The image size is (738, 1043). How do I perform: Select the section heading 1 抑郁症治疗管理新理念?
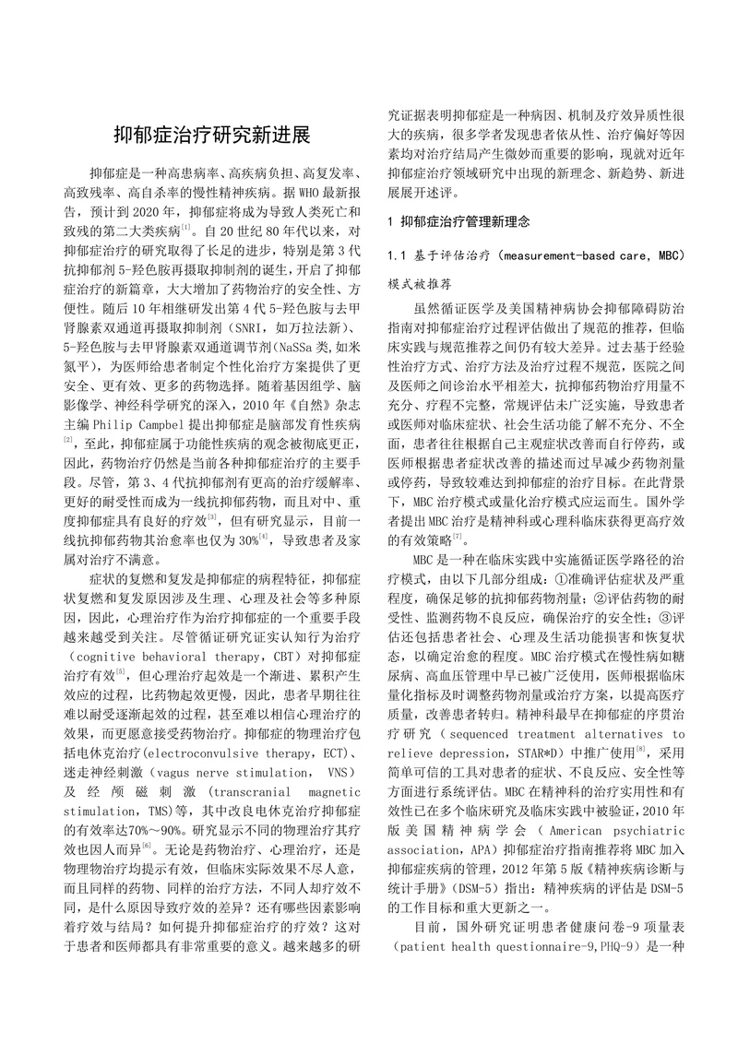470,221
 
